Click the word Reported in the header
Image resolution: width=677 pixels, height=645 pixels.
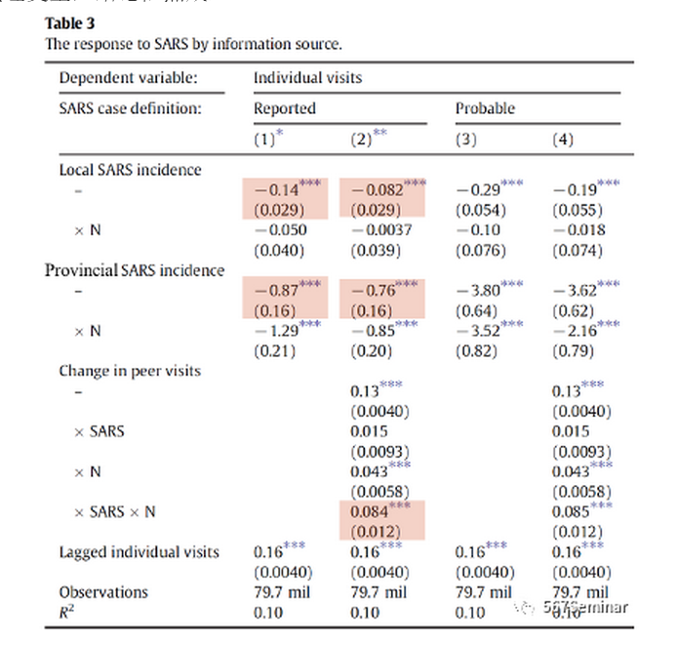coord(285,108)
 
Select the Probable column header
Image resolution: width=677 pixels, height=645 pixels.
coord(485,108)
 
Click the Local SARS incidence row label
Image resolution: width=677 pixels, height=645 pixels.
coord(130,170)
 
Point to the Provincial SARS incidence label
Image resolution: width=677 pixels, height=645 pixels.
coord(135,270)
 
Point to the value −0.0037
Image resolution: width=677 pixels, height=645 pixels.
coord(377,230)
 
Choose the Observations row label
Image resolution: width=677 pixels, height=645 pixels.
coord(103,592)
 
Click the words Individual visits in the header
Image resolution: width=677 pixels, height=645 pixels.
coord(302,78)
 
